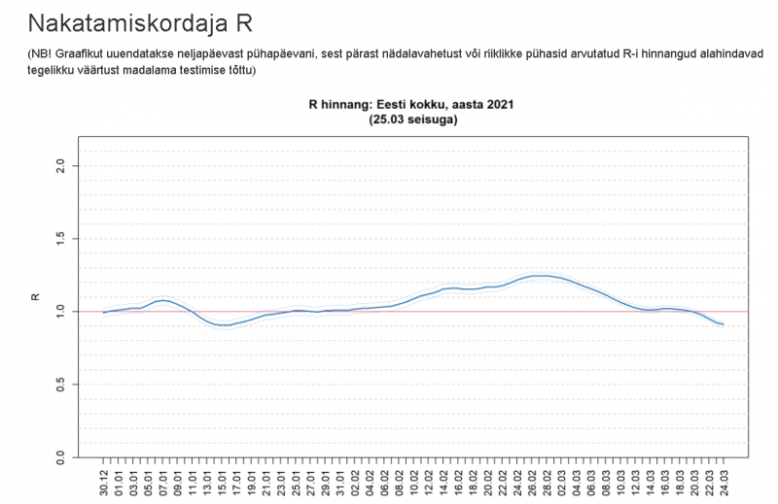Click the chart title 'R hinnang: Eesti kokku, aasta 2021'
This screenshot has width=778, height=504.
pos(410,104)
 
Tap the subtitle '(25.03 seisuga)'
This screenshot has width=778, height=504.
pos(412,120)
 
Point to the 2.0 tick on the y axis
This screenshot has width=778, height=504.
pos(60,166)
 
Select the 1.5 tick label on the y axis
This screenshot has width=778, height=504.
pos(60,239)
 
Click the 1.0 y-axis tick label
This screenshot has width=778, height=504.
pos(60,311)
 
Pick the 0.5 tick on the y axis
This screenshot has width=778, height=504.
pos(60,384)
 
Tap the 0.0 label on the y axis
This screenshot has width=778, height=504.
pos(60,455)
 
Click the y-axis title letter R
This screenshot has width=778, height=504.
pos(36,311)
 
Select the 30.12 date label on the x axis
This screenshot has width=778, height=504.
pos(104,479)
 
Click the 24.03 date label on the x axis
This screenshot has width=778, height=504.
pos(723,479)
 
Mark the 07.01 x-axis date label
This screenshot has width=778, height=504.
pos(163,479)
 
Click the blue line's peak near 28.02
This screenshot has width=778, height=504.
pos(543,276)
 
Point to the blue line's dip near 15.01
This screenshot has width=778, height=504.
pos(224,325)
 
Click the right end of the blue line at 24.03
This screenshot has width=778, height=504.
pos(723,324)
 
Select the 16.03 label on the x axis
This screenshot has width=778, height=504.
pos(664,479)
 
